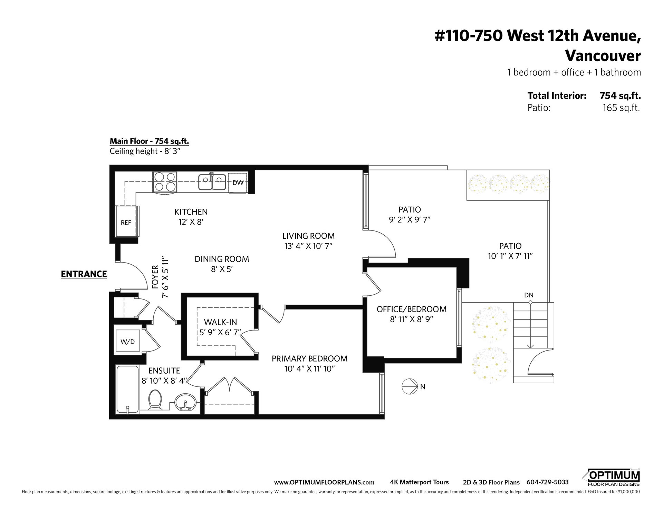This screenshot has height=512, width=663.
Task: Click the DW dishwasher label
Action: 238,183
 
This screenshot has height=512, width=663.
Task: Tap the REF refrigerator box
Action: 126,221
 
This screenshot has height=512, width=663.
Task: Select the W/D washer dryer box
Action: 127,341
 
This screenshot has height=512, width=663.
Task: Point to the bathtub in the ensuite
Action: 127,389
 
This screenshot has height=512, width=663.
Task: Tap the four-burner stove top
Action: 165,182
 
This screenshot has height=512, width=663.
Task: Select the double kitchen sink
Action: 212,182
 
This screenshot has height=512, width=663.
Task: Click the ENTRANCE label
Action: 84,274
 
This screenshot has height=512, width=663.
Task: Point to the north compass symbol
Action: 410,386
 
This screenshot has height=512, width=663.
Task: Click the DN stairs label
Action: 529,295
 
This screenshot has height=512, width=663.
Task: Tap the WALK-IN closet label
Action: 220,322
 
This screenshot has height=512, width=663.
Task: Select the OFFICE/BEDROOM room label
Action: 411,309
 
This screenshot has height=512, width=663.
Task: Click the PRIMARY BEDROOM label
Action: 309,358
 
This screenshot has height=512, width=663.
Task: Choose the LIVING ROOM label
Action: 308,236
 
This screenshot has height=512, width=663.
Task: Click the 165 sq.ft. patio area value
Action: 621,108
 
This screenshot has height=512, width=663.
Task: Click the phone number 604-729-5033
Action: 547,482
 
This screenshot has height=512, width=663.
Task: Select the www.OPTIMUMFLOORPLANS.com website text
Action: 324,482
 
